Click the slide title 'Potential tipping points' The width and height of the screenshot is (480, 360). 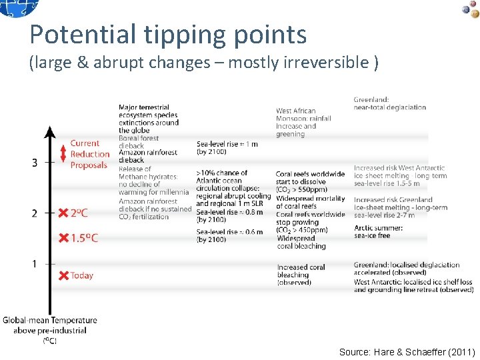click(168, 34)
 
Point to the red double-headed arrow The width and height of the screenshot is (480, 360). click(63, 155)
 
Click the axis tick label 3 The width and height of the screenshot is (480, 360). click(34, 161)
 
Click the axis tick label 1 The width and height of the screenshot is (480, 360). click(34, 264)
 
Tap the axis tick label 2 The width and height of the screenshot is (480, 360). click(34, 213)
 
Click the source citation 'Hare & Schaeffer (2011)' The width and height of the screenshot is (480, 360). click(407, 351)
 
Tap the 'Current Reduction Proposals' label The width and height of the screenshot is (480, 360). click(89, 154)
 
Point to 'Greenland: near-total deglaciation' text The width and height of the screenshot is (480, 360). click(389, 103)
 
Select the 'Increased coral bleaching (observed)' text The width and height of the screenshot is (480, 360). click(301, 275)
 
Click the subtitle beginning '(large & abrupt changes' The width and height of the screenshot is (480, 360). click(204, 63)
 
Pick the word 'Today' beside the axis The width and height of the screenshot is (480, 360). click(82, 275)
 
